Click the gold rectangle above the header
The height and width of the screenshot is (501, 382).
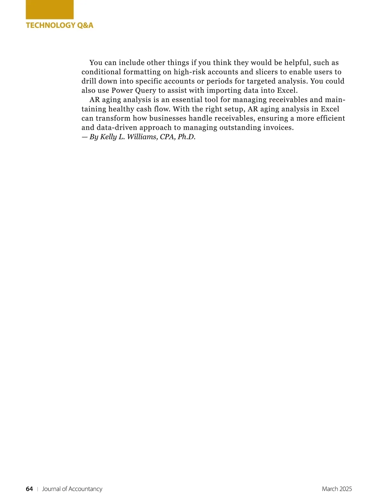click(50, 10)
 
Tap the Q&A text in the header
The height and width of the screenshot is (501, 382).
click(85, 25)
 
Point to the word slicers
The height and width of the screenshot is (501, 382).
click(266, 72)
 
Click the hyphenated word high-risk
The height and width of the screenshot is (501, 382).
click(189, 72)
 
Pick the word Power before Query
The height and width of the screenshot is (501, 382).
click(122, 90)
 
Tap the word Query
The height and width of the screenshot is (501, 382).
click(145, 90)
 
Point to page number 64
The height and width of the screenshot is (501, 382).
click(29, 489)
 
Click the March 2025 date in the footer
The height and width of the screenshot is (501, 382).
click(337, 489)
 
